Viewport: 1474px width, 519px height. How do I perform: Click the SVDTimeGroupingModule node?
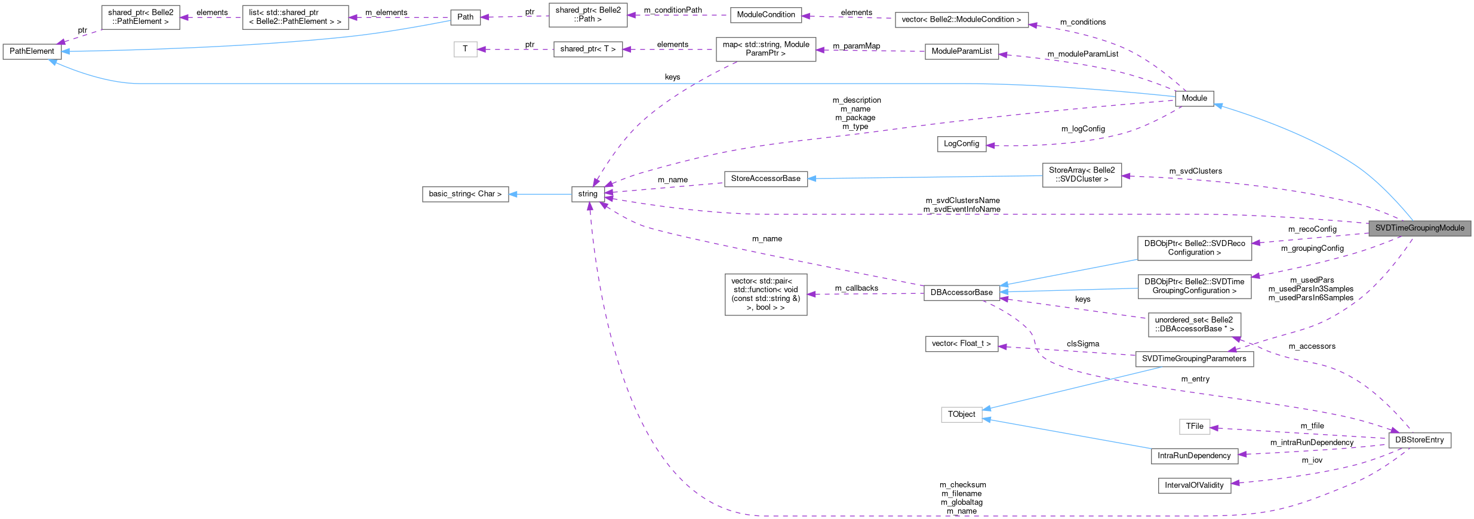tap(1419, 228)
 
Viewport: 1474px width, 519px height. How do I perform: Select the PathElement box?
tap(32, 51)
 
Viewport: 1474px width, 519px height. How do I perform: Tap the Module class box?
tap(1194, 99)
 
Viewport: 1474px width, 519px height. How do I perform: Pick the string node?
tap(587, 194)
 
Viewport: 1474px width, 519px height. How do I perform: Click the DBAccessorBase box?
tap(961, 293)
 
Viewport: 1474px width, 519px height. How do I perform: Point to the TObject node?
tap(961, 414)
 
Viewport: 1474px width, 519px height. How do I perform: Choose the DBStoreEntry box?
tap(1419, 440)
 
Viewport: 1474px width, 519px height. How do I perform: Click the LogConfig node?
tap(961, 144)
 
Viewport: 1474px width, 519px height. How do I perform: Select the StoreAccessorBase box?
tap(765, 179)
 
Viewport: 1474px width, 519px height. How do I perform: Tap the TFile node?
tap(1194, 426)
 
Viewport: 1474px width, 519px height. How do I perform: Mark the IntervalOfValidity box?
tap(1194, 486)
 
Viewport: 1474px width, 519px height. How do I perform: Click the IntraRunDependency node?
tap(1194, 456)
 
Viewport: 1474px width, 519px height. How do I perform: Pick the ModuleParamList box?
tap(961, 51)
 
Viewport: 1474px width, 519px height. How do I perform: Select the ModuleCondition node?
tap(765, 15)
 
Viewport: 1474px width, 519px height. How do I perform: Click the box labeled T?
tap(465, 49)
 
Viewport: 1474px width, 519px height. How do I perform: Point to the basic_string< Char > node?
tap(465, 194)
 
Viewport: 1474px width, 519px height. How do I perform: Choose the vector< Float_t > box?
tap(961, 344)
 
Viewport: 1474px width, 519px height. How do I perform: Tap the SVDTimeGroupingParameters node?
tap(1194, 359)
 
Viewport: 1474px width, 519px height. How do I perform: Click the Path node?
tap(465, 17)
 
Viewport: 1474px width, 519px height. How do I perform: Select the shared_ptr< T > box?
tap(587, 49)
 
